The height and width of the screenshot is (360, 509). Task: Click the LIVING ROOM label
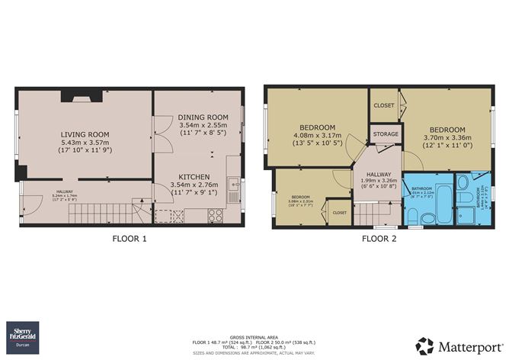pos(85,135)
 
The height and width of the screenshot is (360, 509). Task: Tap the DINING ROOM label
pos(199,117)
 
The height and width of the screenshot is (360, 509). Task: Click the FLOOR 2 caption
pos(379,239)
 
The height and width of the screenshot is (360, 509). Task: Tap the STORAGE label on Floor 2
pos(385,134)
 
